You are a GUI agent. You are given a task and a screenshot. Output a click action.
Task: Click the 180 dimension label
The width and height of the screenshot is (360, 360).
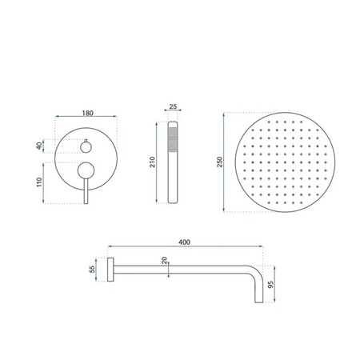coord(88,113)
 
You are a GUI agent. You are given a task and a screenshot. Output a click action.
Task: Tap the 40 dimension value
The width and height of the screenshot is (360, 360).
coord(39,146)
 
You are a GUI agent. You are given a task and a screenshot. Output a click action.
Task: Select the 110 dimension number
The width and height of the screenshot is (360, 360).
coord(39,182)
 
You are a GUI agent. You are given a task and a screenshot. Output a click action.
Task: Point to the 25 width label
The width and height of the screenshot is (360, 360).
coord(173,106)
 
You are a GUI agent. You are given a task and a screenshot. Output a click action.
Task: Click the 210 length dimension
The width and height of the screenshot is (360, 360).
coord(152,162)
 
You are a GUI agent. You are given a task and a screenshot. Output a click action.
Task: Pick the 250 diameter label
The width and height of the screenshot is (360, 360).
coord(219,162)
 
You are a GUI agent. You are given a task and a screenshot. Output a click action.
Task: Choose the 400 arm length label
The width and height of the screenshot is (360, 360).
coord(184,242)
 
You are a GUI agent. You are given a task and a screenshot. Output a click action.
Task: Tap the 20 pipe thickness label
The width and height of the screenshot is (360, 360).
coord(164,260)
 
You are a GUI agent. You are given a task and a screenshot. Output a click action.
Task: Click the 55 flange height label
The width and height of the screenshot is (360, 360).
coord(92,269)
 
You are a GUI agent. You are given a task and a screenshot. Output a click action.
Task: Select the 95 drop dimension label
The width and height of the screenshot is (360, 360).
coord(270,284)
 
